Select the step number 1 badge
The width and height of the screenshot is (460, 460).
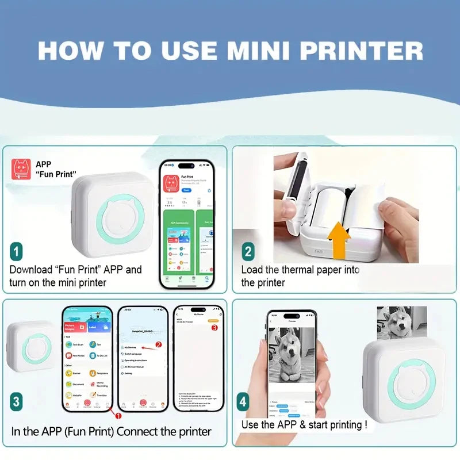tap(17, 251)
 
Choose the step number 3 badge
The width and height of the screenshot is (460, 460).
tap(17, 401)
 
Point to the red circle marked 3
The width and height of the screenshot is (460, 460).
tap(214, 328)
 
